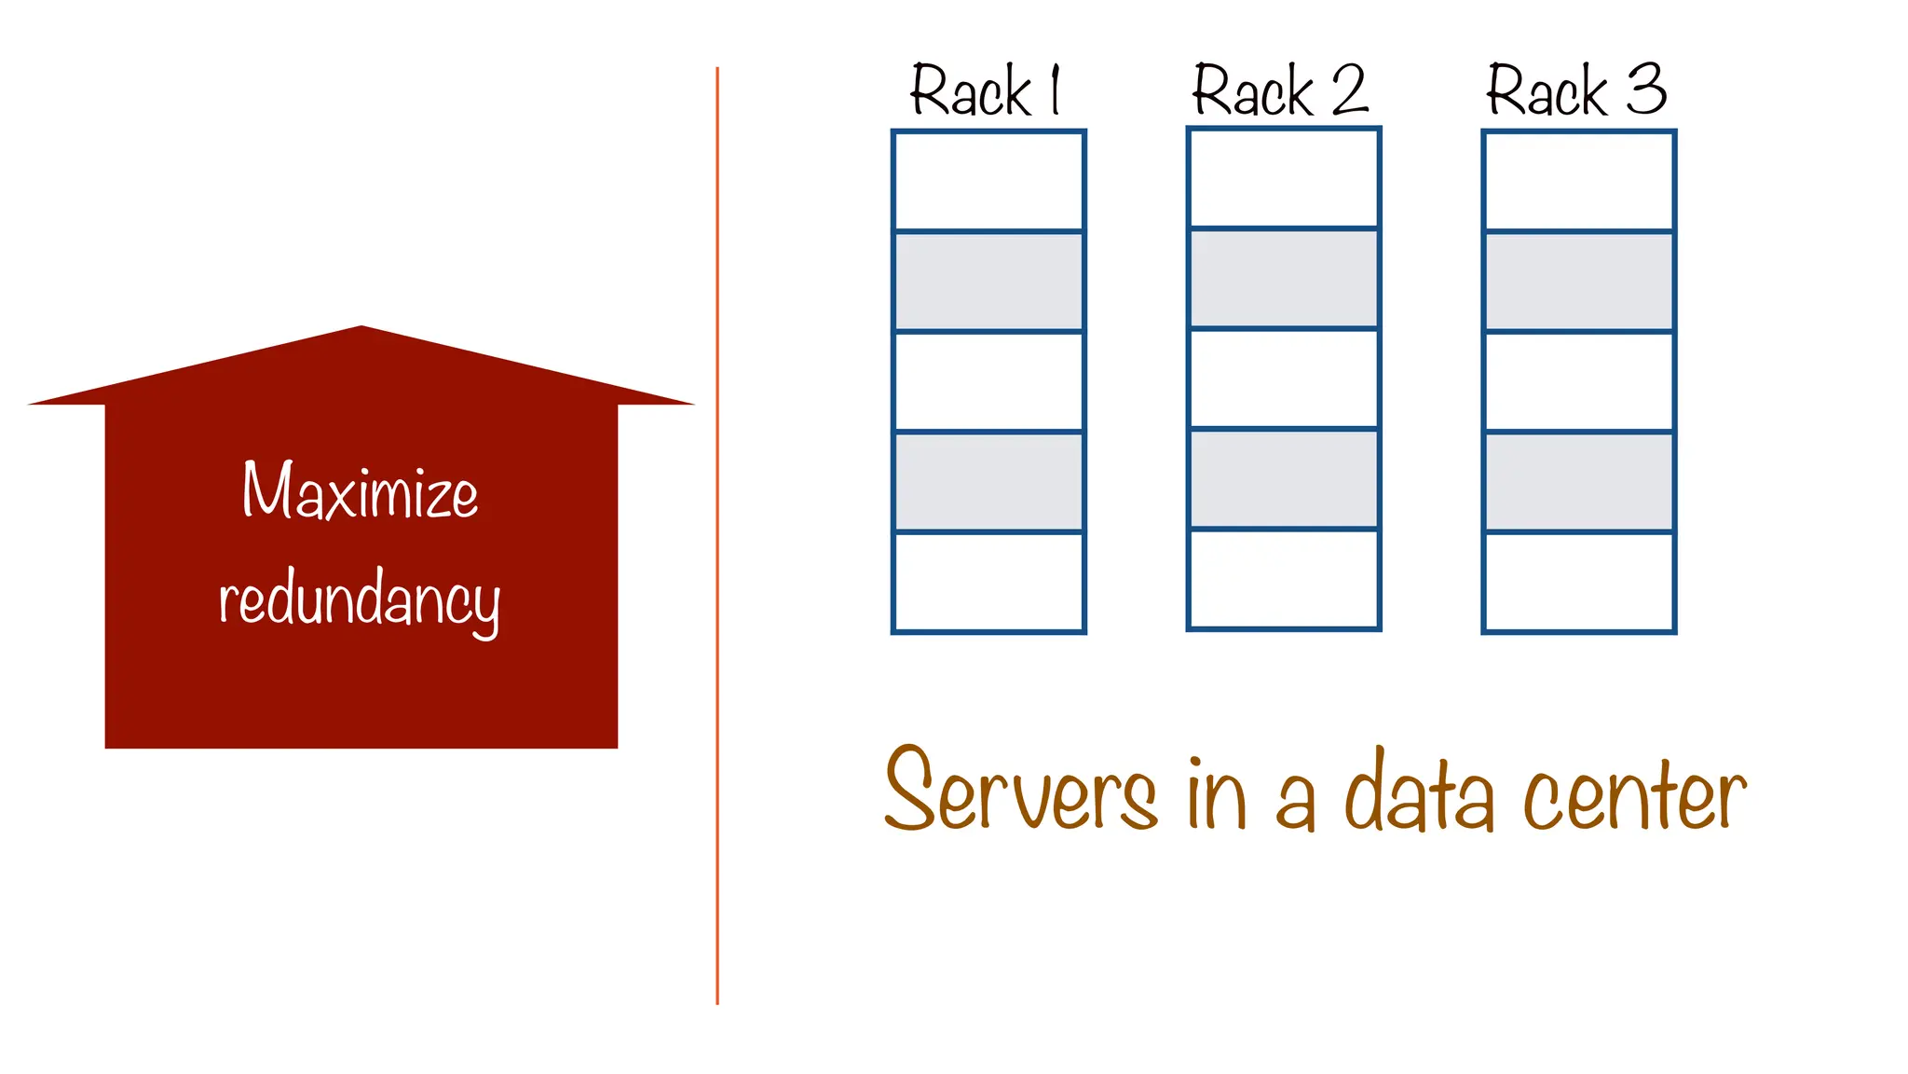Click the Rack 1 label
click(986, 90)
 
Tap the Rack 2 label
click(1280, 90)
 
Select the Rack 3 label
click(1575, 90)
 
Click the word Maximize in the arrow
click(361, 491)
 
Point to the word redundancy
click(360, 599)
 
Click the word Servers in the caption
click(1020, 791)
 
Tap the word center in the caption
click(1634, 794)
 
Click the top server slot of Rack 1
click(988, 181)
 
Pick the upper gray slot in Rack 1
click(988, 282)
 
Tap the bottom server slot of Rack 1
click(988, 582)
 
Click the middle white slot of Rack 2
click(1284, 379)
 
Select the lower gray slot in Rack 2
click(1284, 479)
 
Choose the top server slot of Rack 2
click(1284, 178)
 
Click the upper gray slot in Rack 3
click(1579, 282)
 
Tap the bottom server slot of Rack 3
click(1579, 582)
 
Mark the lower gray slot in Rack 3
click(1579, 482)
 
